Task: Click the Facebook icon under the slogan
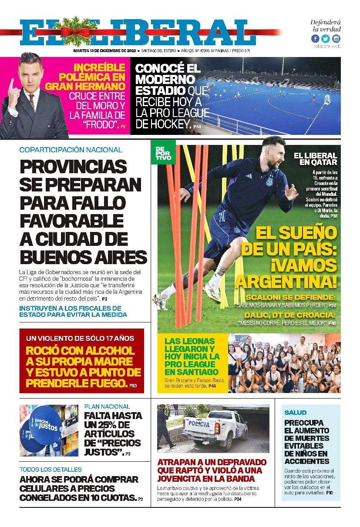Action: (315, 39)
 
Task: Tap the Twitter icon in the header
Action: (325, 39)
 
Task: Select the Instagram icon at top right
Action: (336, 39)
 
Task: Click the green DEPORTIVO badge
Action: (163, 153)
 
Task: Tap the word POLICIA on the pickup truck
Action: (199, 424)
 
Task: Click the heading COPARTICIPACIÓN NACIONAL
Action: (71, 150)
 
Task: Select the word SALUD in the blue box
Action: (296, 412)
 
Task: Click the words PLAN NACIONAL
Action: (107, 406)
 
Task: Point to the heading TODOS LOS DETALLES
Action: (50, 470)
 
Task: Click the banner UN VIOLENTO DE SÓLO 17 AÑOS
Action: (80, 338)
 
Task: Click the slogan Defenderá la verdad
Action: (326, 26)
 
